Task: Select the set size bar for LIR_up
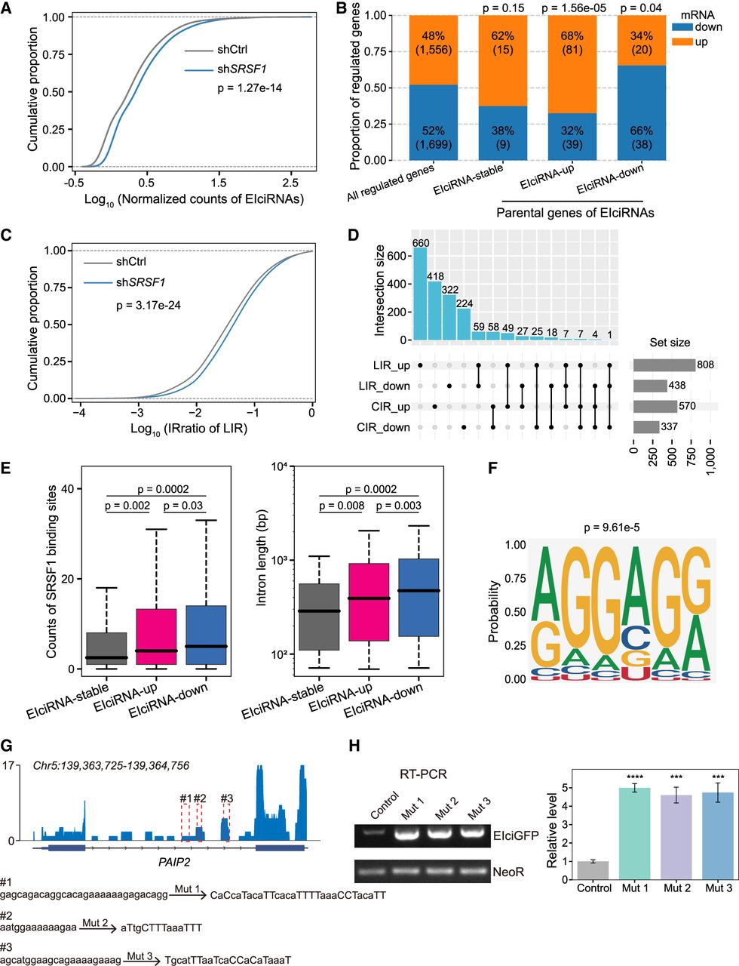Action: coord(664,365)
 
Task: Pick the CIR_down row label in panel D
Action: coord(384,428)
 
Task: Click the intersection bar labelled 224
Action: coord(463,325)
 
